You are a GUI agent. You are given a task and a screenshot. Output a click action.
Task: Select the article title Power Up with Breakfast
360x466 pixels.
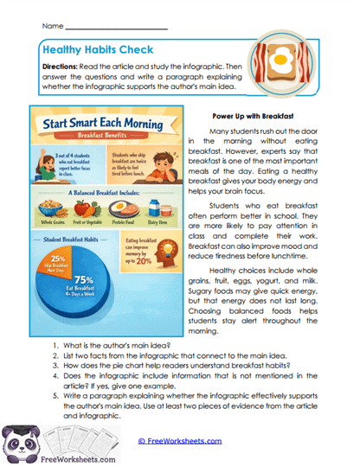[256, 115]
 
